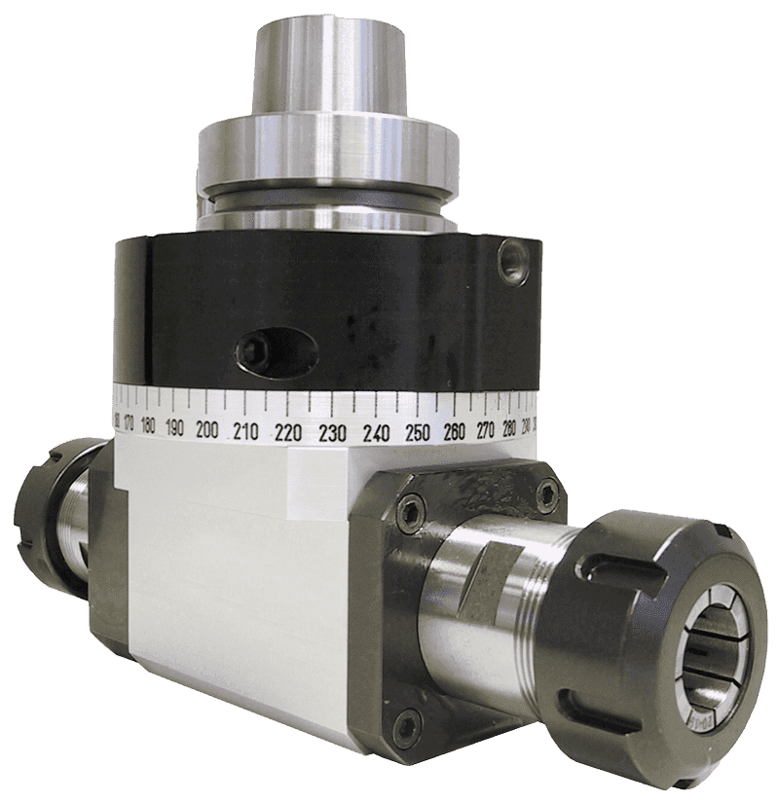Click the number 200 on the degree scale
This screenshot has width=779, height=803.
click(x=207, y=428)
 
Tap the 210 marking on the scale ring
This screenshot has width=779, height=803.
click(x=245, y=430)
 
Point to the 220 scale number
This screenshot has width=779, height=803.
click(x=286, y=432)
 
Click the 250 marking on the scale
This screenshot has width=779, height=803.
click(x=417, y=432)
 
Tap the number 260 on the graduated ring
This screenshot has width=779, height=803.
click(x=454, y=430)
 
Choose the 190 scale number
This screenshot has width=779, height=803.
click(x=175, y=426)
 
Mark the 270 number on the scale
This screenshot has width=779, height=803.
click(x=487, y=428)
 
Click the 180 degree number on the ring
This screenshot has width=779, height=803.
click(x=149, y=424)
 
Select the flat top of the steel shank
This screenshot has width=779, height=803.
click(x=328, y=27)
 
